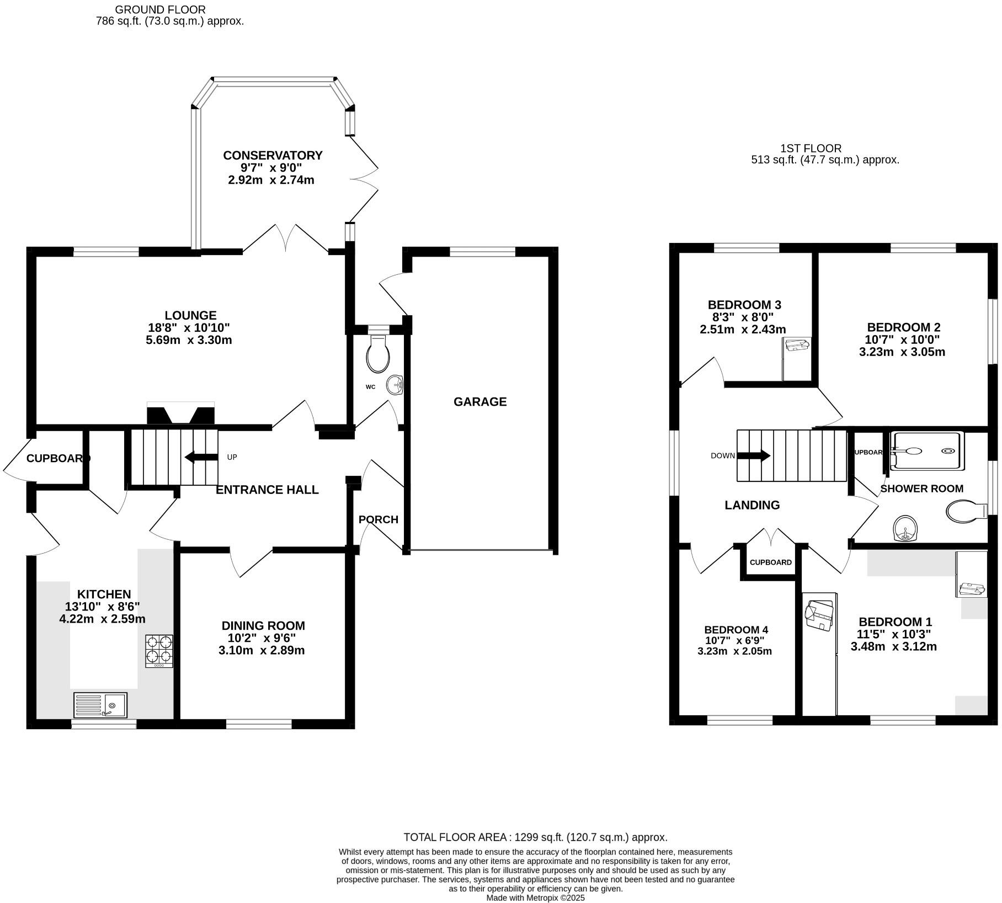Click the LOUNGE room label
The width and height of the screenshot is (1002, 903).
[x=191, y=316]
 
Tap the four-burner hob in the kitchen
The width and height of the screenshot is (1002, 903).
[x=159, y=651]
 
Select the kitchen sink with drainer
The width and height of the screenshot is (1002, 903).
[x=100, y=705]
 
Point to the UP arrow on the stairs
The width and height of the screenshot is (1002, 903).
[x=201, y=457]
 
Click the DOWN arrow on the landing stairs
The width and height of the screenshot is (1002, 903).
[x=754, y=456]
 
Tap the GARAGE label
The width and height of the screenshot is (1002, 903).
[x=480, y=402]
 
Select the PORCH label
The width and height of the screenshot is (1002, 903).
[x=379, y=519]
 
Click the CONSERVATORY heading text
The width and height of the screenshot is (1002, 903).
[x=273, y=156]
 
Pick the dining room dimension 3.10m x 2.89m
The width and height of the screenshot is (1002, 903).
[x=262, y=650]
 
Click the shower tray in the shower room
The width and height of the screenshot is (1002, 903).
[x=928, y=451]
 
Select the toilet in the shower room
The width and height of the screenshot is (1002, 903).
[x=967, y=511]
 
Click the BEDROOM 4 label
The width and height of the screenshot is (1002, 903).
[x=736, y=630]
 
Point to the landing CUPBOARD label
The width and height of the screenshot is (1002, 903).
[x=771, y=562]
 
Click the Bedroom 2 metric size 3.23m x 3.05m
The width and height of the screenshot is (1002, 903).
[x=902, y=352]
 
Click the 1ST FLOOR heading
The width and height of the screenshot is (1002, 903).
[x=811, y=148]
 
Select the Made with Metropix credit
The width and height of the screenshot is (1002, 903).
[x=535, y=898]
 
